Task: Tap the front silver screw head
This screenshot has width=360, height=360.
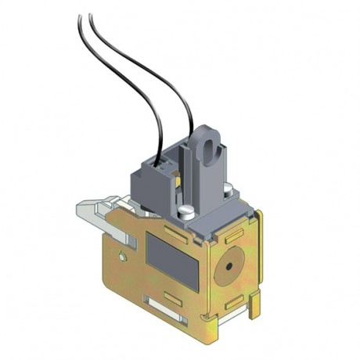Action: pyautogui.click(x=185, y=211)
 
